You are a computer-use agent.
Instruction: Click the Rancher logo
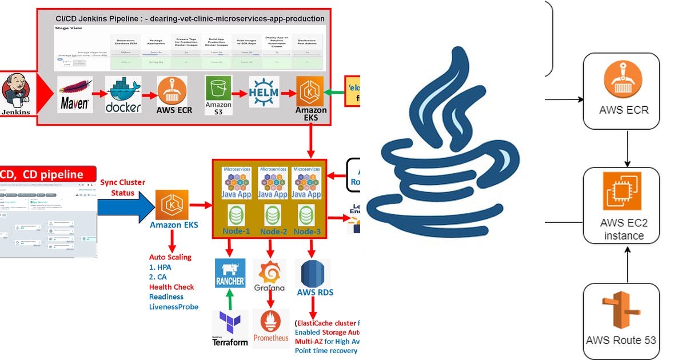pyautogui.click(x=230, y=273)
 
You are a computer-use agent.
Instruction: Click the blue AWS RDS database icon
pyautogui.click(x=312, y=273)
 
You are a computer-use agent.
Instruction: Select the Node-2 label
pyautogui.click(x=273, y=231)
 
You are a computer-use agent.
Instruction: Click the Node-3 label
pyautogui.click(x=307, y=231)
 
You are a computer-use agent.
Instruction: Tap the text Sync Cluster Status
pyautogui.click(x=122, y=187)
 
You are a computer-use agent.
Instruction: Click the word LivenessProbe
pyautogui.click(x=174, y=307)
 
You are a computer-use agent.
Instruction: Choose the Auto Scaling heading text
pyautogui.click(x=170, y=257)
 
